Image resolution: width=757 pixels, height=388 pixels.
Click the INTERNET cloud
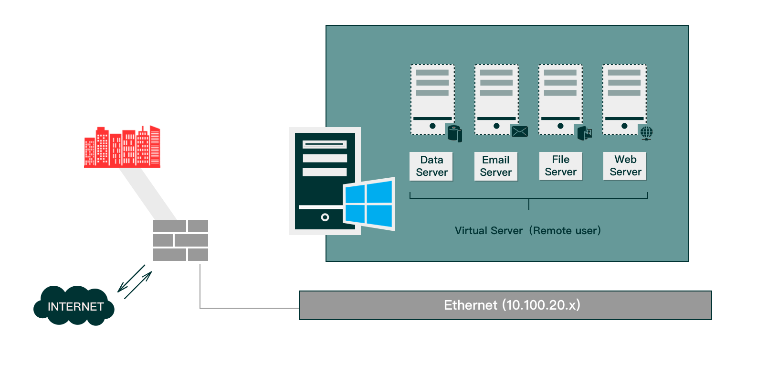pos(74,306)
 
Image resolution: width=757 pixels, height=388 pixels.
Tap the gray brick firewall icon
pos(180,240)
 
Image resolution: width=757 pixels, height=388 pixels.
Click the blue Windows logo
pos(368,204)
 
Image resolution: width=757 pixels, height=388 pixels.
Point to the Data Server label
pos(431,166)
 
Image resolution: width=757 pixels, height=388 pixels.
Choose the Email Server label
pos(496,166)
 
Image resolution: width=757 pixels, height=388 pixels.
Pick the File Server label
pos(561,166)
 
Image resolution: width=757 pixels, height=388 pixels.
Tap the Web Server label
pos(625,166)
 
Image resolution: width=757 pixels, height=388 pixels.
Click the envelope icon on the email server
pos(519,131)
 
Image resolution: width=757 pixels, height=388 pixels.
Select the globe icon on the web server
pos(646,133)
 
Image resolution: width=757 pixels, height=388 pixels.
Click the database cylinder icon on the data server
pos(454,133)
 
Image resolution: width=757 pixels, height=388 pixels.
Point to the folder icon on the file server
pos(585,133)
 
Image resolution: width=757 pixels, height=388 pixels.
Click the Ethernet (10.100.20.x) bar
pos(505,305)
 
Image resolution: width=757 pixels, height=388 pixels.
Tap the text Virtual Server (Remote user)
pos(528,231)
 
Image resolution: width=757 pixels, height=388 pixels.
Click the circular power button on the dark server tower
pos(325,217)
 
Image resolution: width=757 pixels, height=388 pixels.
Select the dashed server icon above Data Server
pos(432,99)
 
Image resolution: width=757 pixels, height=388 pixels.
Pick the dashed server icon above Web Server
pos(624,99)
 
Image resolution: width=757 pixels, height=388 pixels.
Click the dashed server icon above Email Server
pos(496,99)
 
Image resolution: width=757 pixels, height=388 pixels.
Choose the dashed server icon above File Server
pos(560,99)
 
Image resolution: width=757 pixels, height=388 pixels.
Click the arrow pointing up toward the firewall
pos(138,285)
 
